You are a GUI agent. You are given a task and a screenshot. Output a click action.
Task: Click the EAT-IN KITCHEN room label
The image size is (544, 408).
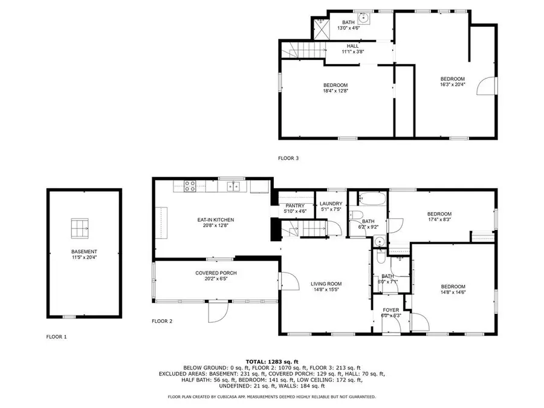click(215, 220)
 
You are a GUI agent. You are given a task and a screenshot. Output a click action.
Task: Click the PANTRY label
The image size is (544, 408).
click(296, 206)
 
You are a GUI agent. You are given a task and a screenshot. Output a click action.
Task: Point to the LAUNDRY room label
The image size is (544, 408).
click(331, 204)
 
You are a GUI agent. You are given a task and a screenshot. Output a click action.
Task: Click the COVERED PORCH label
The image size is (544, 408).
click(216, 273)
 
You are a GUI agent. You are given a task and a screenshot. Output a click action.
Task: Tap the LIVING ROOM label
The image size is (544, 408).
click(326, 283)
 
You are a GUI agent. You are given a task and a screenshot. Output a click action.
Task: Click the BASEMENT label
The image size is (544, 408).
click(84, 251)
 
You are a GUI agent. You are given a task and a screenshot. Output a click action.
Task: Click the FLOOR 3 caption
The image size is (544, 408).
click(288, 158)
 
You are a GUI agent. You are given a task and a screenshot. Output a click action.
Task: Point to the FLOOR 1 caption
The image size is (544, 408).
click(57, 336)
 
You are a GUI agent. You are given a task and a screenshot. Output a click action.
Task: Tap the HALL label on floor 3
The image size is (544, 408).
click(352, 46)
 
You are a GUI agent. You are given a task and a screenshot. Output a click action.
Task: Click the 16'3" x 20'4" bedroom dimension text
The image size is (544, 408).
click(452, 85)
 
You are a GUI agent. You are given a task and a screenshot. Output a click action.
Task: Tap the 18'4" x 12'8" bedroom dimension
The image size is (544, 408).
click(335, 91)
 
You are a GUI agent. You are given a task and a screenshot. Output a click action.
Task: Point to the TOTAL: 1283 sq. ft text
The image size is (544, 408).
click(271, 361)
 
